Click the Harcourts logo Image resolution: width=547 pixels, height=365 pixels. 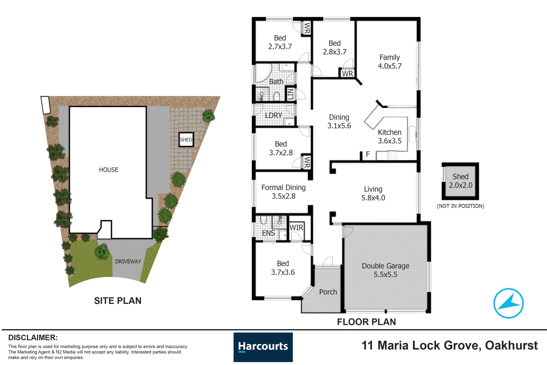pyautogui.click(x=263, y=347)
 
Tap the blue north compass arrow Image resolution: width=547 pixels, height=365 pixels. pyautogui.click(x=509, y=303)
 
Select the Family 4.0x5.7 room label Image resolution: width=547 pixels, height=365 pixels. pyautogui.click(x=390, y=62)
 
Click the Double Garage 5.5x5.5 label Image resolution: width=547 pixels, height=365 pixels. pyautogui.click(x=386, y=270)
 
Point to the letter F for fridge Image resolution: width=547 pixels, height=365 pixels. pyautogui.click(x=368, y=154)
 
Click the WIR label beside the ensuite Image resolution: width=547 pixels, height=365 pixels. pyautogui.click(x=296, y=228)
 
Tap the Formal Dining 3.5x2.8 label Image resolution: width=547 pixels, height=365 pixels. pyautogui.click(x=283, y=192)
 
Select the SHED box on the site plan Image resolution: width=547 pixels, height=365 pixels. pyautogui.click(x=186, y=140)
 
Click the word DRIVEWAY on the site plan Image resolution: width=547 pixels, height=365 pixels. pyautogui.click(x=128, y=262)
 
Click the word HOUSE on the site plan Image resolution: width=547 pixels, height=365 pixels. pyautogui.click(x=108, y=170)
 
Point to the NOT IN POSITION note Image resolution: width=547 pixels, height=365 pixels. pyautogui.click(x=461, y=206)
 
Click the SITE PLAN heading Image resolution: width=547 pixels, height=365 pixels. pyautogui.click(x=118, y=301)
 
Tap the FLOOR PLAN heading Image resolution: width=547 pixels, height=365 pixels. pyautogui.click(x=366, y=322)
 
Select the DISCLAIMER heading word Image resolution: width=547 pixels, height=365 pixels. pyautogui.click(x=33, y=338)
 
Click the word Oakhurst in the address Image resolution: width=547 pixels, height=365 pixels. pyautogui.click(x=511, y=345)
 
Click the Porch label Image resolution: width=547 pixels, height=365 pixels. pyautogui.click(x=328, y=292)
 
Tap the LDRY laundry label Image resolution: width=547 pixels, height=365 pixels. pyautogui.click(x=273, y=116)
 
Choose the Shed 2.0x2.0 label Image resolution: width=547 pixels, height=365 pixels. pyautogui.click(x=461, y=181)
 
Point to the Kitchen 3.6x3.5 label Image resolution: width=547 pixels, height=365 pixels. pyautogui.click(x=390, y=137)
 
